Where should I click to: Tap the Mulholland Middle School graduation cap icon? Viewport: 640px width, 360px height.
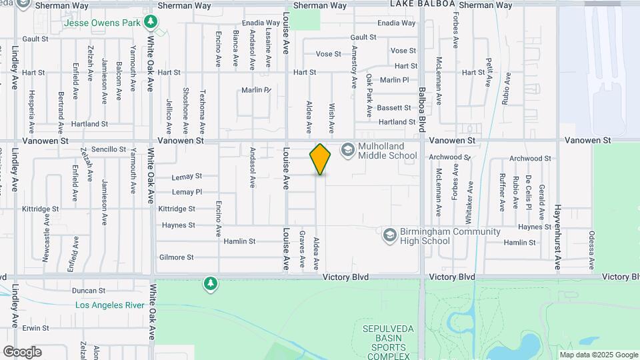[x=347, y=150]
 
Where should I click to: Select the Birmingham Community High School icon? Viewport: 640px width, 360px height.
[x=389, y=235]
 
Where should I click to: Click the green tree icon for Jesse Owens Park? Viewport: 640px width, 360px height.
[x=151, y=23]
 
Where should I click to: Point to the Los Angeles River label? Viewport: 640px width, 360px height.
[x=110, y=305]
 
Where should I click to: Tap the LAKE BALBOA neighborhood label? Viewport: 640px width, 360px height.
[x=423, y=5]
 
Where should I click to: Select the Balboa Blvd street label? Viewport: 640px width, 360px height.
[x=422, y=106]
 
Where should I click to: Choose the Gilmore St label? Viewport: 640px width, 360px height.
[x=176, y=257]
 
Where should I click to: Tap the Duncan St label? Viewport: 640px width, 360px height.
[x=89, y=291]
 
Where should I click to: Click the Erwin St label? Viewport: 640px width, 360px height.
[x=35, y=328]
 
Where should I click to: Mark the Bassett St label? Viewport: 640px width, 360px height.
[x=394, y=107]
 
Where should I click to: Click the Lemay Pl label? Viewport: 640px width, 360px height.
[x=187, y=192]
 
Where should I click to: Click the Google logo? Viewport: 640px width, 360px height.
[x=22, y=351]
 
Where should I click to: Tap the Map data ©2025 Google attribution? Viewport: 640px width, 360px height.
[x=598, y=355]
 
